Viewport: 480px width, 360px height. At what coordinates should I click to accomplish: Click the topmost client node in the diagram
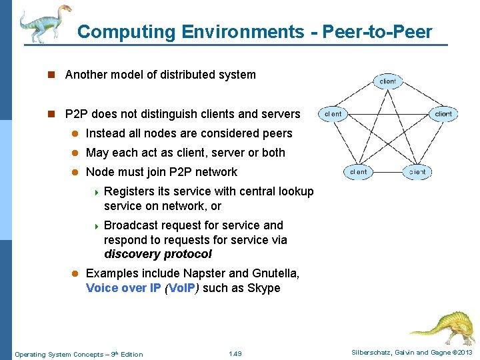tap(387, 81)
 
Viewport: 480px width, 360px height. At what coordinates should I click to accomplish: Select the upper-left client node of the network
tap(333, 114)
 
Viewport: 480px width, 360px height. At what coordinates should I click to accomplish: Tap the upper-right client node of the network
tap(443, 114)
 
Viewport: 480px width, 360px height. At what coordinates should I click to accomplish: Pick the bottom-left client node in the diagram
tap(359, 171)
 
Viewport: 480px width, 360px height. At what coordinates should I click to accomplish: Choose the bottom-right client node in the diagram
tap(417, 171)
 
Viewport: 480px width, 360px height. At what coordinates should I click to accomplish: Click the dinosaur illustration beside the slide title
tap(45, 23)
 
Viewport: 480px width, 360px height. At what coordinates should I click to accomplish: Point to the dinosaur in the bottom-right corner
tap(441, 325)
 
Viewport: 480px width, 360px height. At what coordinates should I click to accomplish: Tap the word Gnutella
tap(275, 273)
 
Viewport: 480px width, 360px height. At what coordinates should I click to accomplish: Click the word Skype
tap(265, 288)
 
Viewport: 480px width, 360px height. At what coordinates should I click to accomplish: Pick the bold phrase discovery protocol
tap(158, 254)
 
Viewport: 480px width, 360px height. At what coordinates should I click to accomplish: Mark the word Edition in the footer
tap(130, 354)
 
